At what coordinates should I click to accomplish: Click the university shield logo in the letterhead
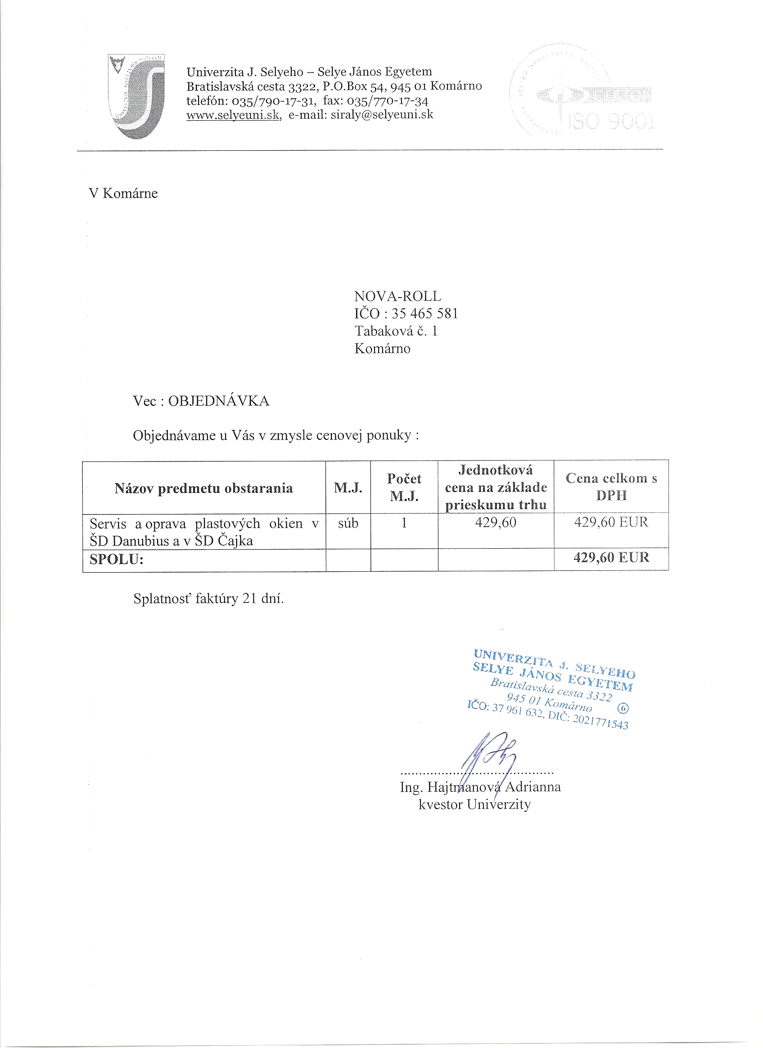137,96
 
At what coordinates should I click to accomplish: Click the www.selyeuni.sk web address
233,115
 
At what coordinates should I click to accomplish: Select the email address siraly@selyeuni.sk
382,114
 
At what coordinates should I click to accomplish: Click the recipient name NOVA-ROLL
397,296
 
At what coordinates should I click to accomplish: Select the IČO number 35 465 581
424,314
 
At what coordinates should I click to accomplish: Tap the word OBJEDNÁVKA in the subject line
219,401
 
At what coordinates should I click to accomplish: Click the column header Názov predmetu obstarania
203,488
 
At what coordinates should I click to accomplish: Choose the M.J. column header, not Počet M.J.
348,488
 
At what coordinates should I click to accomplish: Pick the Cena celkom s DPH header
611,487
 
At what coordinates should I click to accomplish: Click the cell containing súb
348,523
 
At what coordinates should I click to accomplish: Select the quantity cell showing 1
404,523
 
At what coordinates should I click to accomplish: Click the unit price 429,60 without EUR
496,523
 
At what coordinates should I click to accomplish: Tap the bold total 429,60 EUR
611,557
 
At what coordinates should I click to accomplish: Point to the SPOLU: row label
117,560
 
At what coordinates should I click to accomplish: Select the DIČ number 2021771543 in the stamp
600,721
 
